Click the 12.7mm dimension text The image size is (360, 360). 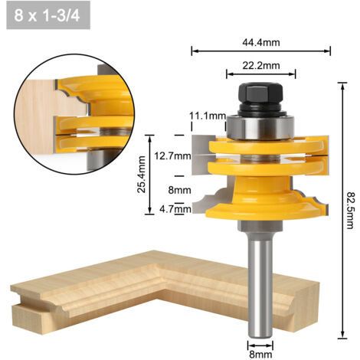click(x=172, y=155)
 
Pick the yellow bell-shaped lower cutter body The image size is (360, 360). click(x=260, y=199)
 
